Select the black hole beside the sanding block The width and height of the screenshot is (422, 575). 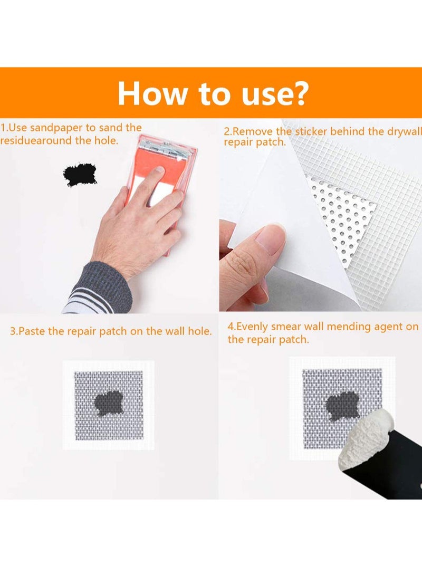coord(80,175)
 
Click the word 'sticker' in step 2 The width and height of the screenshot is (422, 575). coord(312,131)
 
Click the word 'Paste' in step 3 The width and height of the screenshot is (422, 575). coord(31,331)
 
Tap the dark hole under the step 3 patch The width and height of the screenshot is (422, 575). coord(109,403)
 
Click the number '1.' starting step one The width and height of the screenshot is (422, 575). coord(4,128)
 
